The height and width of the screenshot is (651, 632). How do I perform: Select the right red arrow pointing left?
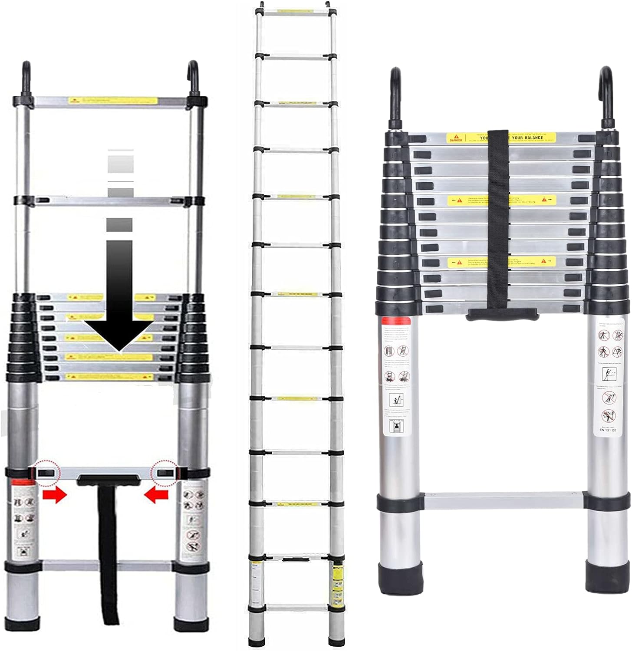tap(156, 494)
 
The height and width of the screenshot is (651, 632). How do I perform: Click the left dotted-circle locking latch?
tap(48, 472)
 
